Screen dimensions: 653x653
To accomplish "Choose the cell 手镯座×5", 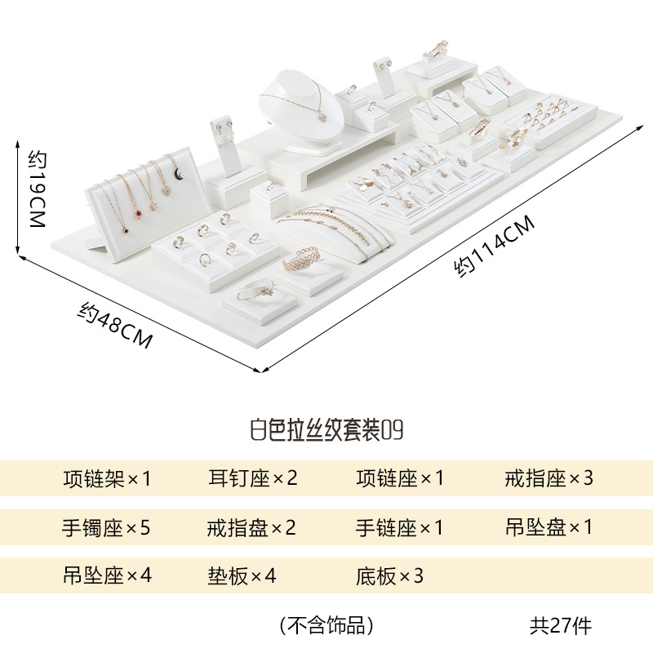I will click(107, 527).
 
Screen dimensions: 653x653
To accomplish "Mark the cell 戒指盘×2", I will click(252, 527).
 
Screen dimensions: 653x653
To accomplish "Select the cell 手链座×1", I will click(400, 527).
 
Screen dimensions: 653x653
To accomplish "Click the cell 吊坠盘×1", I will click(549, 527).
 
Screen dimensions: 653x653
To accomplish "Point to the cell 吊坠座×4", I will click(107, 576).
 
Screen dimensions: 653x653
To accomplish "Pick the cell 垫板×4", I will click(242, 576).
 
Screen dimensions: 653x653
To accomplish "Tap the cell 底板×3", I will click(390, 576).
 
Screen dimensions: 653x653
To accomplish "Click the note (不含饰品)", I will click(326, 626).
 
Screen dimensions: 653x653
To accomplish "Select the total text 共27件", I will click(561, 626).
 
